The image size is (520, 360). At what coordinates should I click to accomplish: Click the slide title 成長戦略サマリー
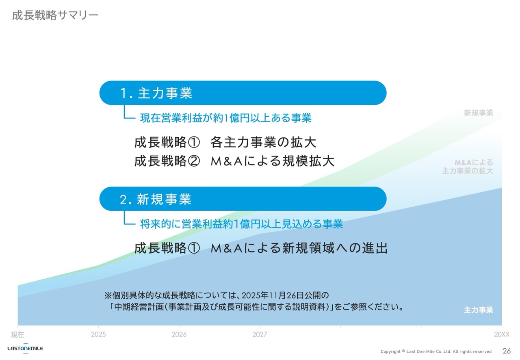pos(55,15)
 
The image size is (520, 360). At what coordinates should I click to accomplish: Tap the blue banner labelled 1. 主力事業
pos(243,93)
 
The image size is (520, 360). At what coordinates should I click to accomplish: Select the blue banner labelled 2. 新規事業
pos(243,199)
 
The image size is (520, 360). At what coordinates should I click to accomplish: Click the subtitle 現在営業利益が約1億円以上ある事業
pos(225,118)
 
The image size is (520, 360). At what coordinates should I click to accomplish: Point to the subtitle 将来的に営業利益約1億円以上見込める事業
pos(241,224)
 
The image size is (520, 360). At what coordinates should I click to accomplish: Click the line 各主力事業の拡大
pos(263,142)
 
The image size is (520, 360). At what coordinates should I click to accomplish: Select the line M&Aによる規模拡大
pos(273,161)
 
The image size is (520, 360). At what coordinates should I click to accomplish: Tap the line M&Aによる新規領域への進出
pos(299,248)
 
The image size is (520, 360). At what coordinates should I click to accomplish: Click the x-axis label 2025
pos(98,334)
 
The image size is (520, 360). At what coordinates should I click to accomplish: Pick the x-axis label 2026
pos(179,334)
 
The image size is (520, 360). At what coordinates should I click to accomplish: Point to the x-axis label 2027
pos(260,334)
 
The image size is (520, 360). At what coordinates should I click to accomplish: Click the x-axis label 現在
pos(17,335)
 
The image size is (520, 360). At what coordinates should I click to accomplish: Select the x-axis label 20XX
pos(502,334)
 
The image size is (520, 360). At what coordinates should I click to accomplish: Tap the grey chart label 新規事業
pos(479,113)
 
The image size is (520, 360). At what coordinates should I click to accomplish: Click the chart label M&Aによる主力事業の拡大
pos(468,167)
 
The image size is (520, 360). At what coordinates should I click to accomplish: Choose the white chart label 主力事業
pos(479,310)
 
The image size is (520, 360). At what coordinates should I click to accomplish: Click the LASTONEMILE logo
pos(25,348)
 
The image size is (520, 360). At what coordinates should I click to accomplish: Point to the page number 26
pos(507,351)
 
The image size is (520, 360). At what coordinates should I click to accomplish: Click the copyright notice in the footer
pos(436,351)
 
